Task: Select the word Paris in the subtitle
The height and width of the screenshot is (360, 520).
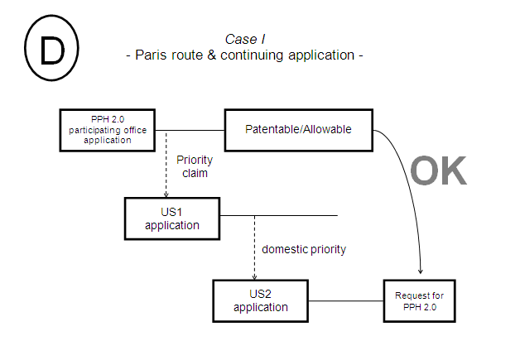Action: (x=154, y=55)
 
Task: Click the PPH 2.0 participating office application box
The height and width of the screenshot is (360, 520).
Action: (x=108, y=130)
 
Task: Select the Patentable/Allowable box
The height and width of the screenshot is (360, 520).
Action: (x=298, y=130)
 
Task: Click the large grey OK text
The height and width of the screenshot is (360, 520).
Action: (x=439, y=170)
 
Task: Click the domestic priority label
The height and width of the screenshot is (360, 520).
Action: (x=303, y=248)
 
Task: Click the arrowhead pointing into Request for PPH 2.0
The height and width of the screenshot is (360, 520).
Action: (x=422, y=272)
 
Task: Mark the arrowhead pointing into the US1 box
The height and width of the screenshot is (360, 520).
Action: (x=166, y=193)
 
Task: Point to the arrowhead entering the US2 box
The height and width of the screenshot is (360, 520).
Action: (x=253, y=276)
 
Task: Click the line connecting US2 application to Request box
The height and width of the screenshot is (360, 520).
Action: (x=345, y=300)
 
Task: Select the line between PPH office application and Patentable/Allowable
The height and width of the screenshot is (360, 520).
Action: (x=190, y=130)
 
